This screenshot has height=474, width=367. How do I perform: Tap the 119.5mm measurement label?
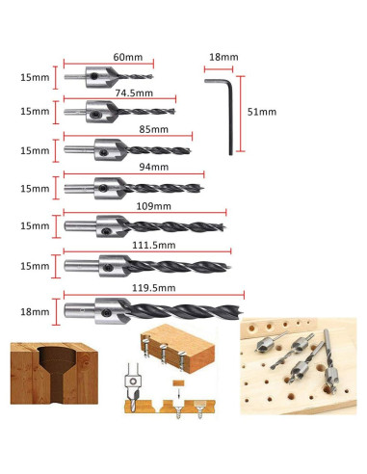pyautogui.click(x=154, y=286)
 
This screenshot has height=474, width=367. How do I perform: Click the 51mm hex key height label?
pyautogui.click(x=262, y=113)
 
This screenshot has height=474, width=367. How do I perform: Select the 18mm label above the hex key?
pyautogui.click(x=223, y=58)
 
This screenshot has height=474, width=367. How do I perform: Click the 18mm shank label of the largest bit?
pyautogui.click(x=34, y=312)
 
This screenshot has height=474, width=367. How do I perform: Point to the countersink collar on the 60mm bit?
pyautogui.click(x=99, y=75)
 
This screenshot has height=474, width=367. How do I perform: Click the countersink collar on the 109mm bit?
pyautogui.click(x=110, y=225)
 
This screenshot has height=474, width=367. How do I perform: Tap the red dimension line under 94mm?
pyautogui.click(x=135, y=174)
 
